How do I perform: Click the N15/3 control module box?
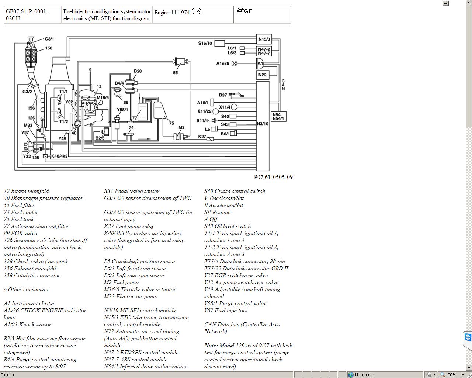tap(264, 39)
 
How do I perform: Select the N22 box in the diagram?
tap(263, 75)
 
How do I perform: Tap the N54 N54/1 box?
tap(278, 116)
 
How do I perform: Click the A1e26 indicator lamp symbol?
tap(235, 63)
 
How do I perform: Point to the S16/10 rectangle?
tap(219, 43)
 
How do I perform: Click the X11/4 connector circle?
tap(234, 107)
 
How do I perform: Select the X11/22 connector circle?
tap(216, 111)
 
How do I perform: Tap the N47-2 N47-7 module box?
tap(264, 51)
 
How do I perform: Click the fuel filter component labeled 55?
tap(181, 62)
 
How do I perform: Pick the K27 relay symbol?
tap(210, 139)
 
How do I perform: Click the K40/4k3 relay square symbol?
tap(45, 156)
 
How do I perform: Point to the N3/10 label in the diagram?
tap(263, 124)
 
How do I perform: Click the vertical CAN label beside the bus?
tap(283, 85)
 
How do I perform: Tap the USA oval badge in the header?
tap(197, 11)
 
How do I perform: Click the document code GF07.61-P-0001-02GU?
tap(27, 15)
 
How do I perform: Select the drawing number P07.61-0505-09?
tap(273, 177)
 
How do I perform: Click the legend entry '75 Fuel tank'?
tap(19, 219)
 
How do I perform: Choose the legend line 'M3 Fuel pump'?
tap(121, 282)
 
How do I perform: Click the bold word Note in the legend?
tap(211, 346)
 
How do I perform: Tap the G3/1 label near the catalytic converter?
tap(49, 39)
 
